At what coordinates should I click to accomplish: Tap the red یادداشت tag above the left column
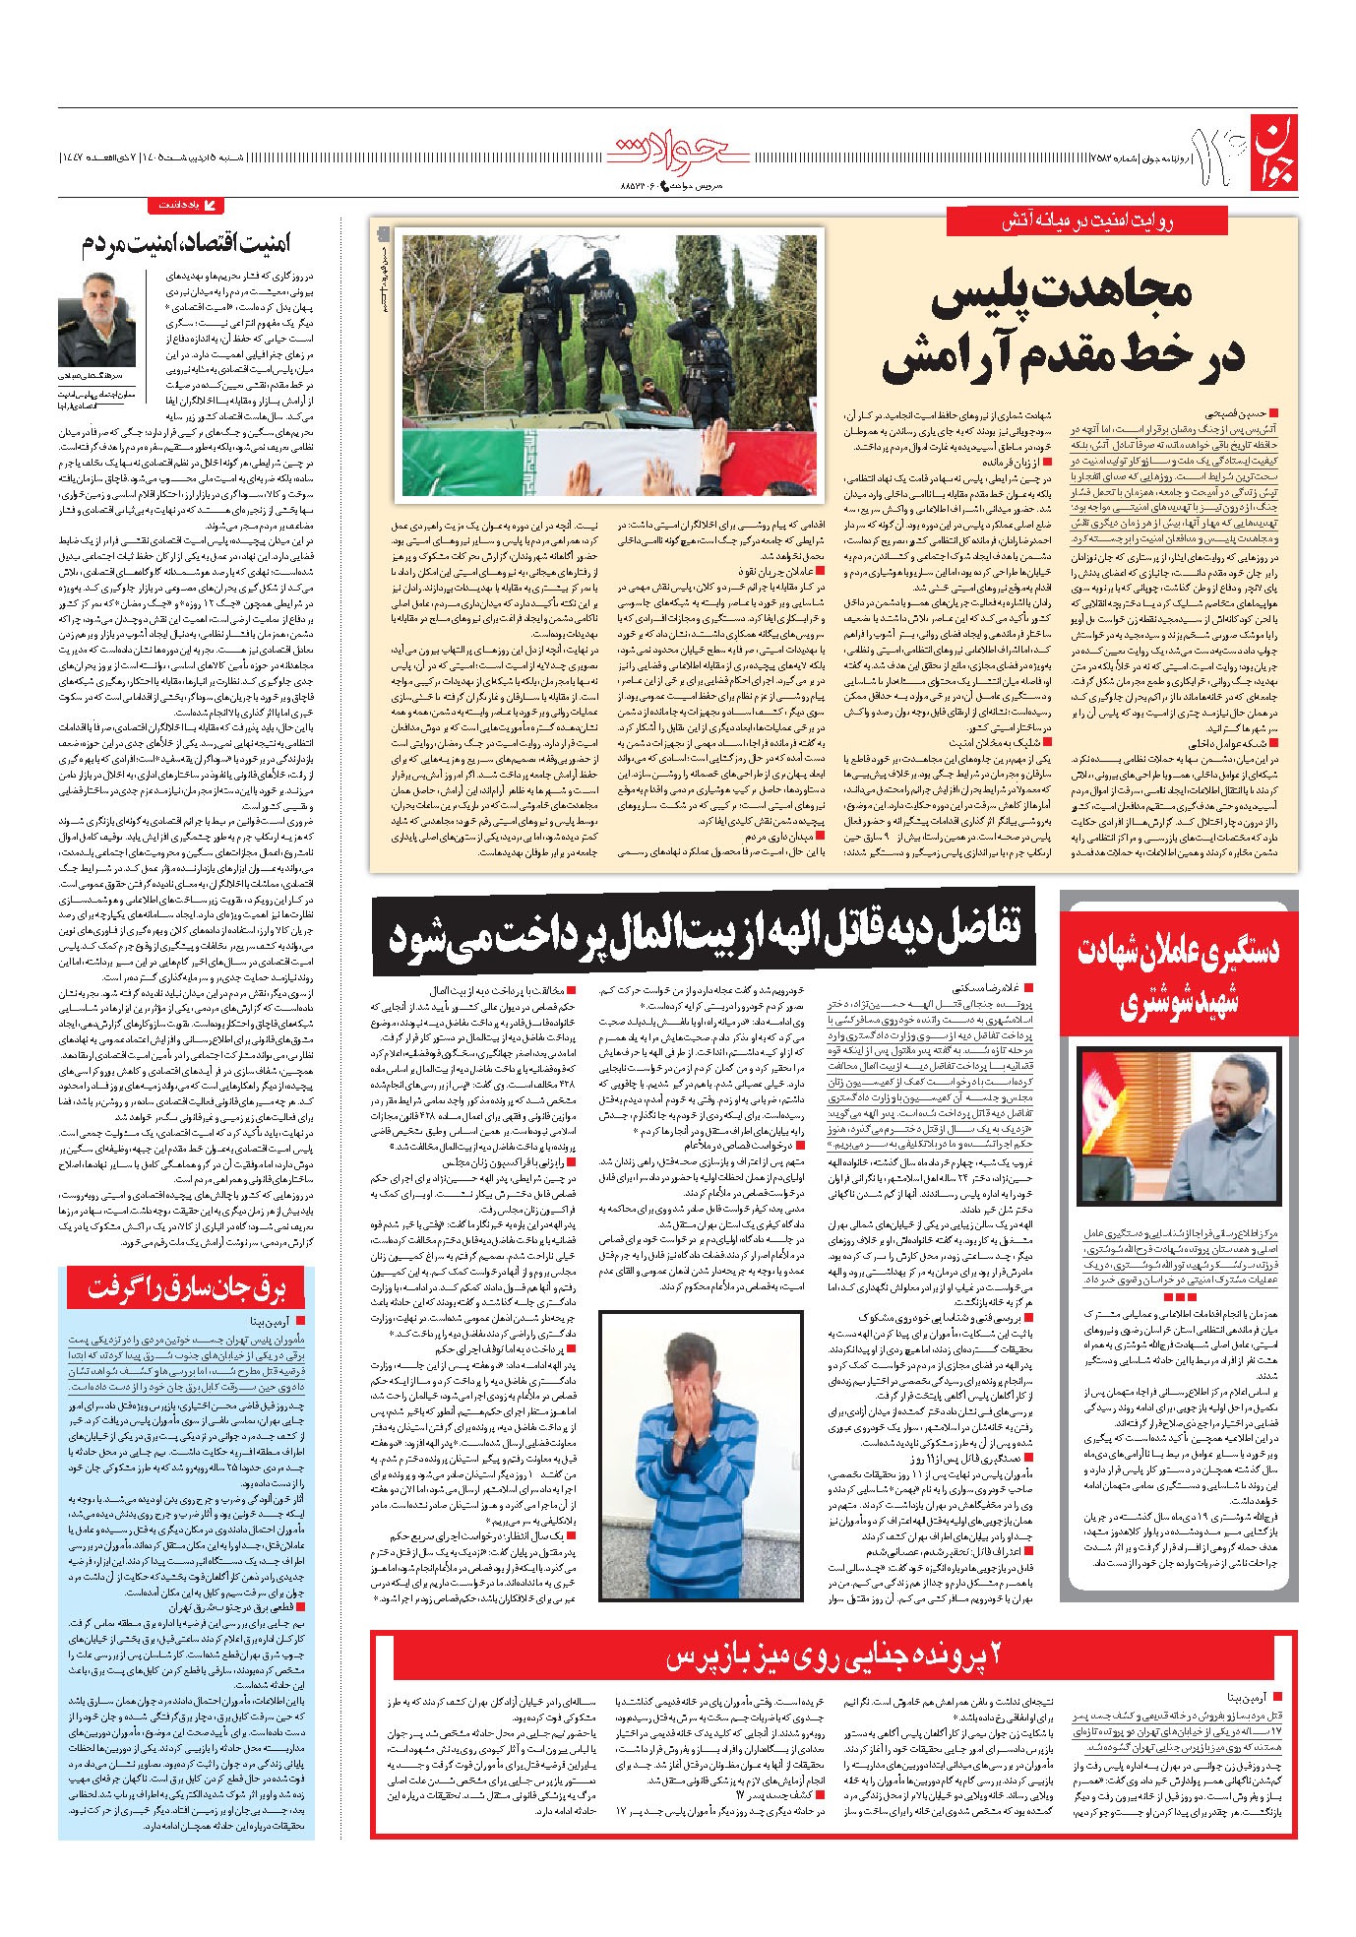coord(186,206)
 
